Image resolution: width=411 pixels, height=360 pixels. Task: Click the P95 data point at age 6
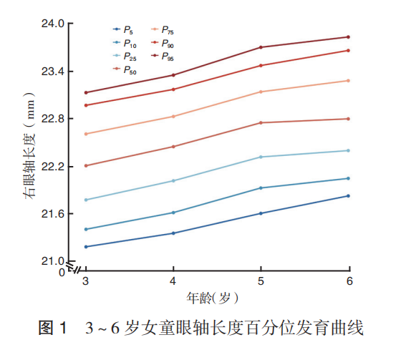point(349,37)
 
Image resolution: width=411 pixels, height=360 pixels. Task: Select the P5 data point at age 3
point(86,246)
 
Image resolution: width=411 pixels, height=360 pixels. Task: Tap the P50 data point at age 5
point(261,122)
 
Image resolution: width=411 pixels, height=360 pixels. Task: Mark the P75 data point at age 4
point(173,117)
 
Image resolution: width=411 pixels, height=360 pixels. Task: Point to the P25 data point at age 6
point(349,150)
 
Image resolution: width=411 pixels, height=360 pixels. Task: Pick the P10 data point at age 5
point(261,188)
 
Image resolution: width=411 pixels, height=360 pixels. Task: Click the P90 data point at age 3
point(86,105)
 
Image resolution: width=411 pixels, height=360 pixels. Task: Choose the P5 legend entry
point(122,30)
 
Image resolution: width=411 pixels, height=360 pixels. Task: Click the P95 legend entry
point(163,57)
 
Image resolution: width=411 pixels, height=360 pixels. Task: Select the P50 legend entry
point(125,70)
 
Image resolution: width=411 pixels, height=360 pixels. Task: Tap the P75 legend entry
point(163,30)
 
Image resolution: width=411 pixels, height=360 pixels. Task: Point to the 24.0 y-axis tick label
point(53,24)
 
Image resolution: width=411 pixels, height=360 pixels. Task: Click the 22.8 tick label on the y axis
point(53,119)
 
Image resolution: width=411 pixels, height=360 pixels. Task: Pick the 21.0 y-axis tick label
point(53,261)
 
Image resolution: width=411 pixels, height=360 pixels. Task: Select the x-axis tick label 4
point(173,281)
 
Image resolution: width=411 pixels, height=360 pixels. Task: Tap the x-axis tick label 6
point(349,281)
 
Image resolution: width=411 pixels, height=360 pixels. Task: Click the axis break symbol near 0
point(73,267)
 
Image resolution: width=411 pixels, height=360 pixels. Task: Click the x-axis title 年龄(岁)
point(213,298)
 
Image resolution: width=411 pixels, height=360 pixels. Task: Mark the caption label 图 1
point(53,328)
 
